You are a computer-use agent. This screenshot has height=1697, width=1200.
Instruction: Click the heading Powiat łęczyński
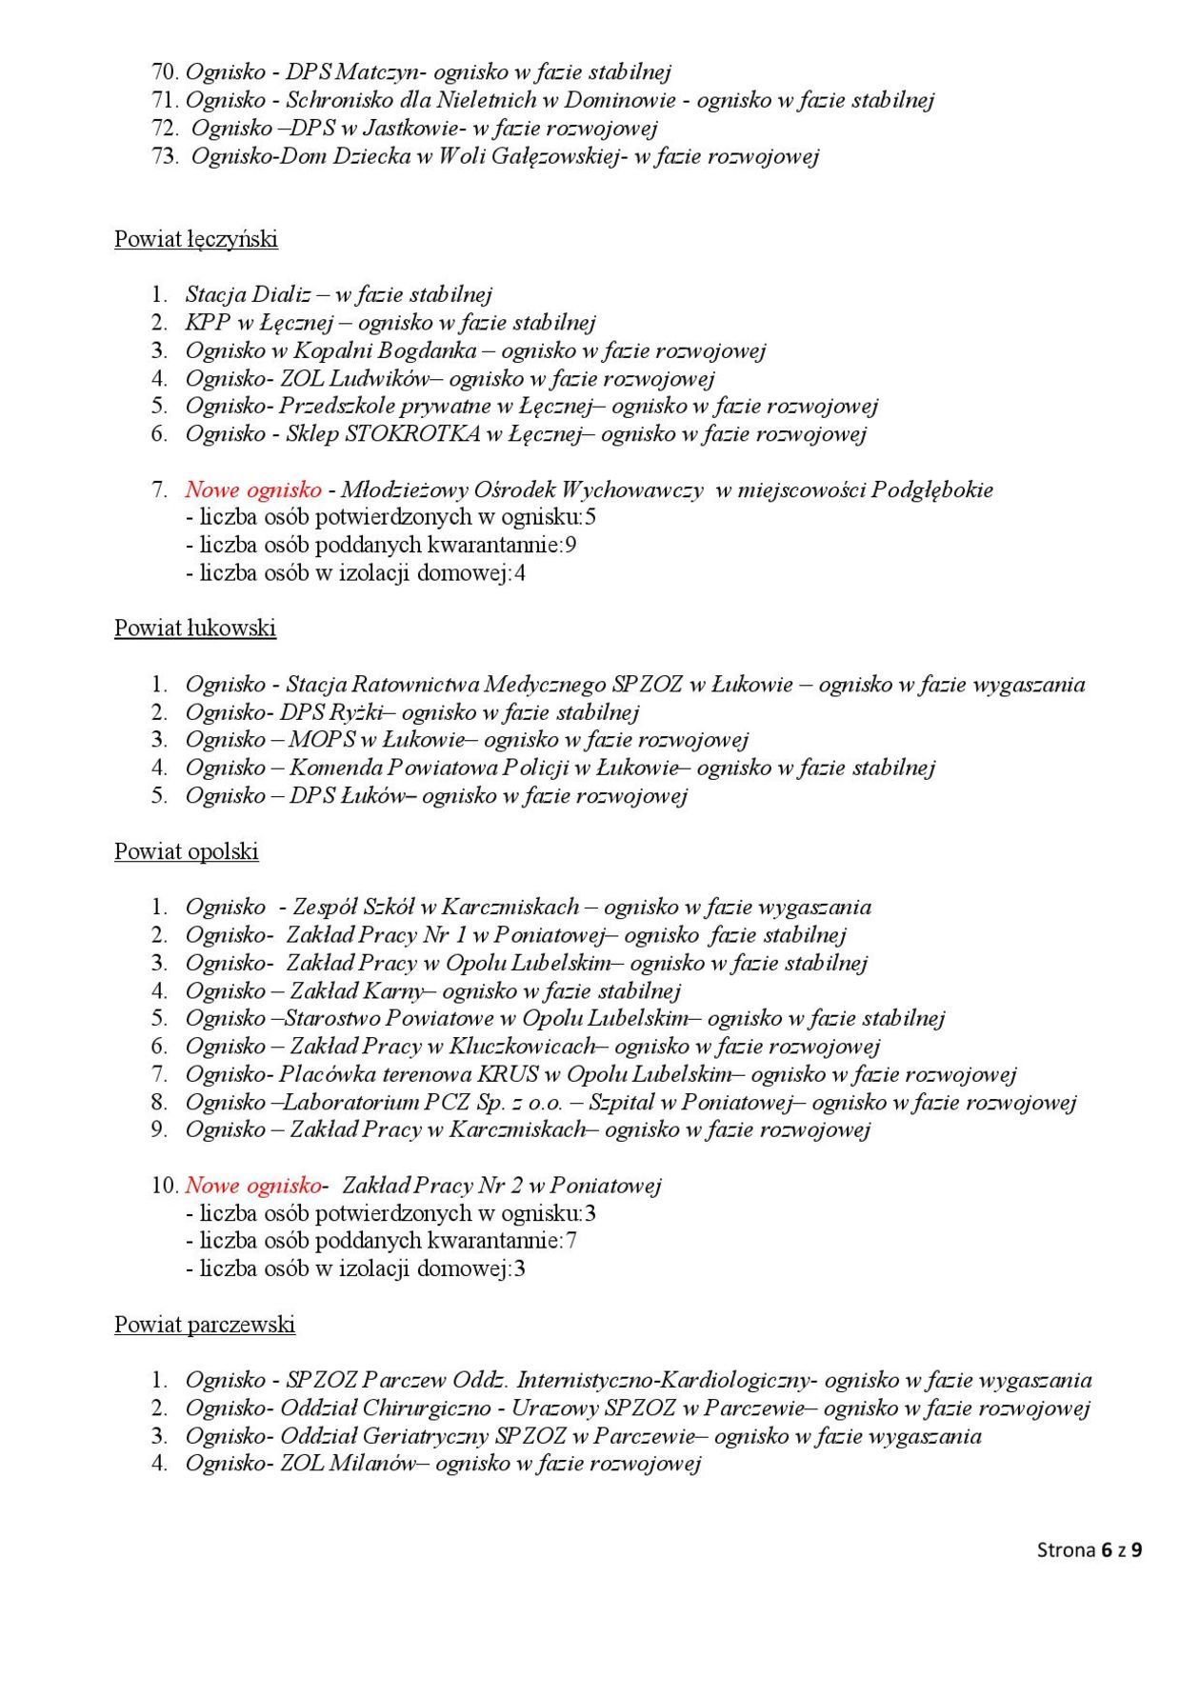(196, 239)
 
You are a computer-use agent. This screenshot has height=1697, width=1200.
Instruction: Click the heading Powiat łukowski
(195, 629)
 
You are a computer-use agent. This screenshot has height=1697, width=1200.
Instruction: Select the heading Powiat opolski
(187, 851)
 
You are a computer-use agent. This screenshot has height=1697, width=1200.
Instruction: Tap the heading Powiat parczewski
(205, 1325)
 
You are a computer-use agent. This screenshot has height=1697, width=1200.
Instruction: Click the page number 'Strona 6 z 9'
(1089, 1550)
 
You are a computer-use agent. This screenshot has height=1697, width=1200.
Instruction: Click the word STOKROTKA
(411, 434)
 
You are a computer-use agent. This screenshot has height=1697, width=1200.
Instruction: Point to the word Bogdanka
(427, 350)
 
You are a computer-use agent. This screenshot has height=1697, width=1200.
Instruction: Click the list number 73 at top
(165, 156)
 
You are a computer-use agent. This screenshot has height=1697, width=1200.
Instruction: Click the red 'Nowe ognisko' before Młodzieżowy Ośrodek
(253, 490)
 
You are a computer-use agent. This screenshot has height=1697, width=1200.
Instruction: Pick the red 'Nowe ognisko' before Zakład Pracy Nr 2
(253, 1186)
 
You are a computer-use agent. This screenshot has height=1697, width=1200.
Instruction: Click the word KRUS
(508, 1075)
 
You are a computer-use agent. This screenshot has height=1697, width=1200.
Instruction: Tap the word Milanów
(372, 1464)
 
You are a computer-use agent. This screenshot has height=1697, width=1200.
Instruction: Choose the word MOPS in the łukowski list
(323, 740)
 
